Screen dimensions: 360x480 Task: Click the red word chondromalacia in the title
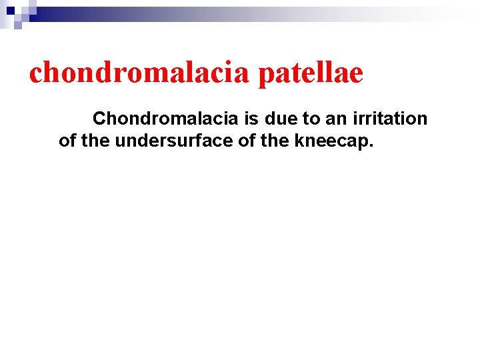click(x=139, y=73)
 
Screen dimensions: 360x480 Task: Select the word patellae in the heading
click(x=310, y=73)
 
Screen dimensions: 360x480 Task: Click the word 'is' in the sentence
click(x=251, y=119)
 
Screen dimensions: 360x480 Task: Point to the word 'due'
click(x=279, y=119)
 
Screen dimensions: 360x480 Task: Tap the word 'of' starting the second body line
click(x=67, y=141)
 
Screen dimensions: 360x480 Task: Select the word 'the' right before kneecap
click(x=247, y=141)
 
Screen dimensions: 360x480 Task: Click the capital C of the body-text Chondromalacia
click(x=99, y=119)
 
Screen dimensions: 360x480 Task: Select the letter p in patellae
click(x=265, y=75)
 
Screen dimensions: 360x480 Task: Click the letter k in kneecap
click(x=269, y=141)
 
